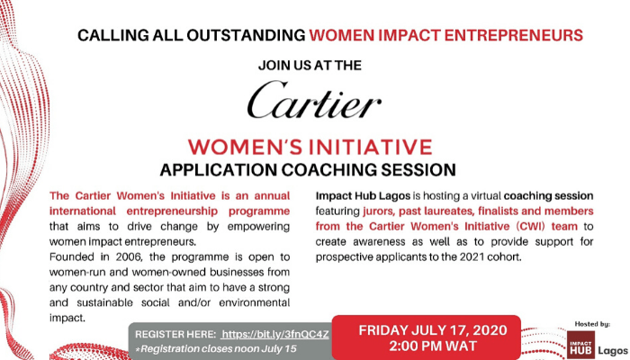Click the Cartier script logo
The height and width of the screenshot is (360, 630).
click(x=315, y=102)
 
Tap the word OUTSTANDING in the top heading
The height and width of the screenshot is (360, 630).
click(x=247, y=36)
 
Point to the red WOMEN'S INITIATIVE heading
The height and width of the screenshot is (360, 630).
click(x=315, y=147)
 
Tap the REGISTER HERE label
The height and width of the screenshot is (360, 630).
click(x=175, y=334)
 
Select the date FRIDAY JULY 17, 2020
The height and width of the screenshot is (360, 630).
click(x=426, y=329)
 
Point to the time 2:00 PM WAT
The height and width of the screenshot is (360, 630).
click(x=426, y=346)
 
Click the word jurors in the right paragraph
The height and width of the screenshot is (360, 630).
click(x=391, y=211)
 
